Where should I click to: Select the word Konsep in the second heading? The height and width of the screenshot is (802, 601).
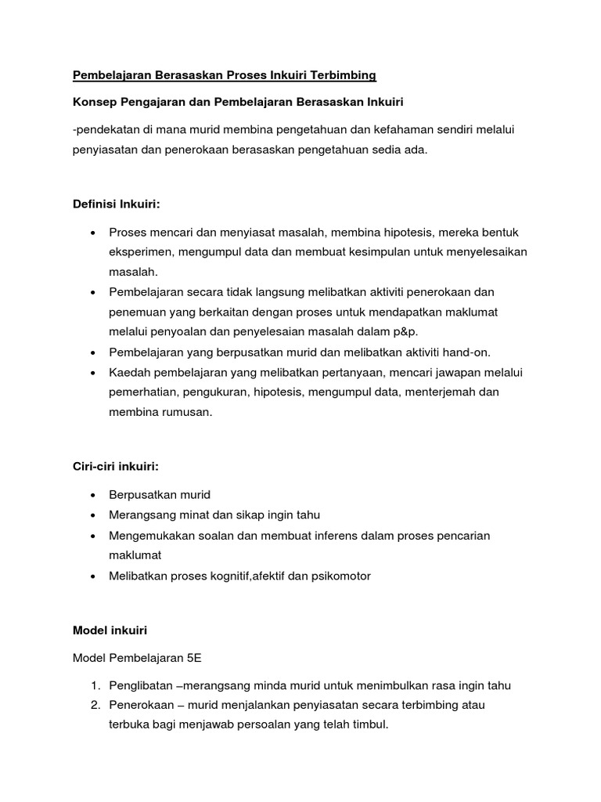click(x=95, y=103)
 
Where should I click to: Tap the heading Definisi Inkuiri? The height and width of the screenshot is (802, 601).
click(x=116, y=204)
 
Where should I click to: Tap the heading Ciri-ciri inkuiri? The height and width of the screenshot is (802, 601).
click(x=116, y=467)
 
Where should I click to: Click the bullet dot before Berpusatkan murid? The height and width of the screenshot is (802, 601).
click(x=94, y=496)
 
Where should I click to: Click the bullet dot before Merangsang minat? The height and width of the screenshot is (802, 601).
click(x=94, y=515)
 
